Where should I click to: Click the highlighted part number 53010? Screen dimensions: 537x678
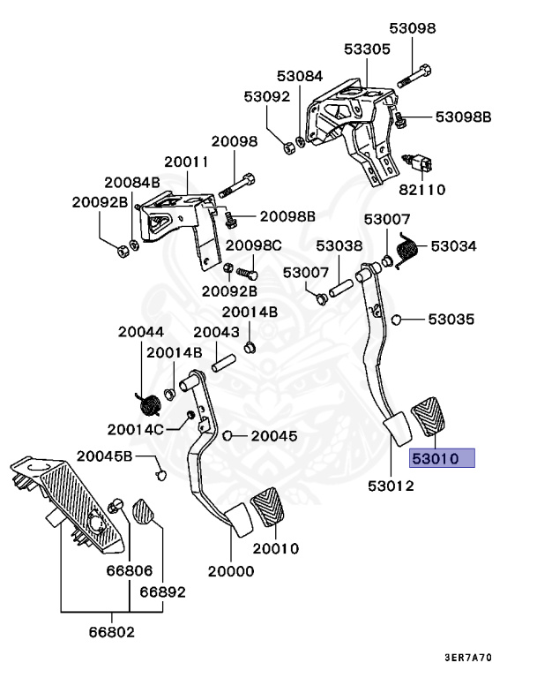tap(435, 458)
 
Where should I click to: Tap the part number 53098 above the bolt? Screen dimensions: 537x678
tap(412, 28)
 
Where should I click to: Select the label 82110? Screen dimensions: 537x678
tap(421, 190)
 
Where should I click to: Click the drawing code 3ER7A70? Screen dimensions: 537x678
tap(468, 658)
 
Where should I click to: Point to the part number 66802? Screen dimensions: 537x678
tap(112, 632)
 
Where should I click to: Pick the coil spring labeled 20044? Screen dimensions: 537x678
tap(149, 405)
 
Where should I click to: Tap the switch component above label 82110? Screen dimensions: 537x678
tap(419, 163)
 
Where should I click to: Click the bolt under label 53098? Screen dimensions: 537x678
tap(414, 76)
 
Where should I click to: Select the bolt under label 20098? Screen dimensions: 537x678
tap(236, 186)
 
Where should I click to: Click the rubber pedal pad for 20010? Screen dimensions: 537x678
tap(268, 507)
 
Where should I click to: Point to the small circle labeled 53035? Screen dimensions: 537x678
tap(396, 320)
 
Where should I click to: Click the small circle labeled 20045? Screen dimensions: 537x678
tap(227, 435)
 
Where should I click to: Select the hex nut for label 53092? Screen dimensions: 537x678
tap(288, 147)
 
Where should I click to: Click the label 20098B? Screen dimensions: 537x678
tap(287, 216)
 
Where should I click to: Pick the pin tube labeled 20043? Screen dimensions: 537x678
tap(223, 363)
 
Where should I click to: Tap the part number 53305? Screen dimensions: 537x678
tap(367, 49)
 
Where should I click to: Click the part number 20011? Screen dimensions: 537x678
tap(187, 162)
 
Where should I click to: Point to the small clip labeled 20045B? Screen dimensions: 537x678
tap(160, 475)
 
